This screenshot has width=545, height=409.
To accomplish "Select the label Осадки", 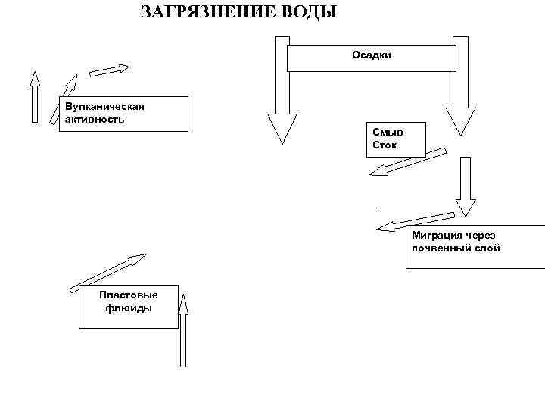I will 371,55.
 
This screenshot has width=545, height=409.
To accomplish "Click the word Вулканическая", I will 104,105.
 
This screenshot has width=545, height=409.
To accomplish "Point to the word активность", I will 95,119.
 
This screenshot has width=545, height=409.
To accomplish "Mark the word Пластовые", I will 129,295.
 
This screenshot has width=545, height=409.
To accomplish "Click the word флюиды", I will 129,308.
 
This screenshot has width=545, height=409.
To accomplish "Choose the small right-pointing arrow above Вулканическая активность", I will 109,70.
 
